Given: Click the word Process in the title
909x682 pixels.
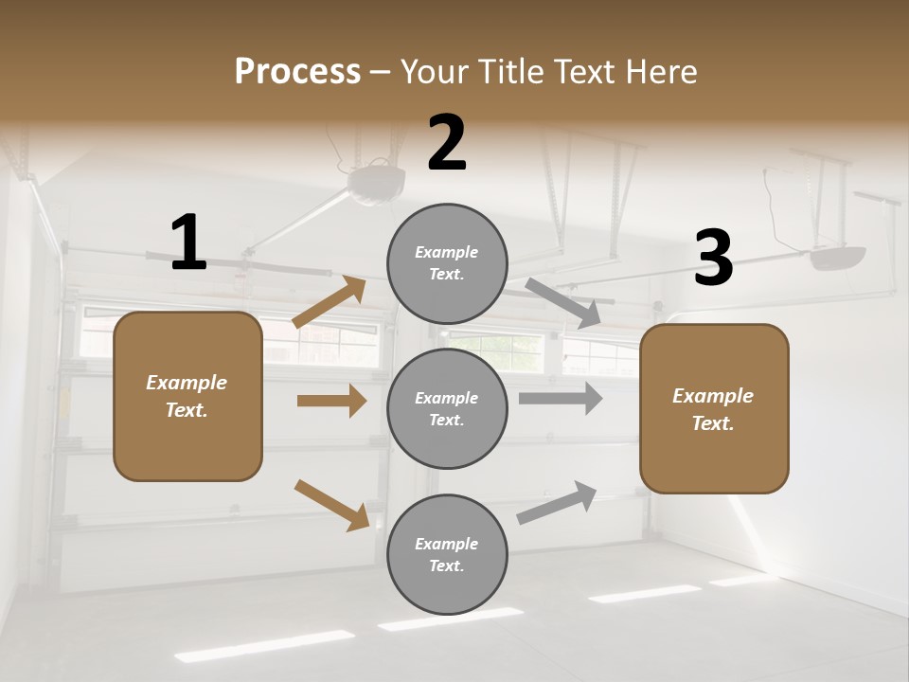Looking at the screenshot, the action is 297,71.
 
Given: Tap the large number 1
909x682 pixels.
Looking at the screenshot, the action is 188,243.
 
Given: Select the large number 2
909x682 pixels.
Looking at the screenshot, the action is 447,143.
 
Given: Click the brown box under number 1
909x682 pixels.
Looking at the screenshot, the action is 187,396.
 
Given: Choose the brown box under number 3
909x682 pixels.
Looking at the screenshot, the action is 714,408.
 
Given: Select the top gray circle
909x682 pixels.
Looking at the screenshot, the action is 447,262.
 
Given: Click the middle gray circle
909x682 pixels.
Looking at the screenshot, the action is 447,408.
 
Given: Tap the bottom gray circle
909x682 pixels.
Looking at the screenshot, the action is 447,554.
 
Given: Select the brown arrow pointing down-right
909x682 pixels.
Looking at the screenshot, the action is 331,505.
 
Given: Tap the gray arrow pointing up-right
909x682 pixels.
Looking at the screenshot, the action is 557,503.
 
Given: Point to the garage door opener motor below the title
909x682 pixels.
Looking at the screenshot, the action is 376,181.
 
